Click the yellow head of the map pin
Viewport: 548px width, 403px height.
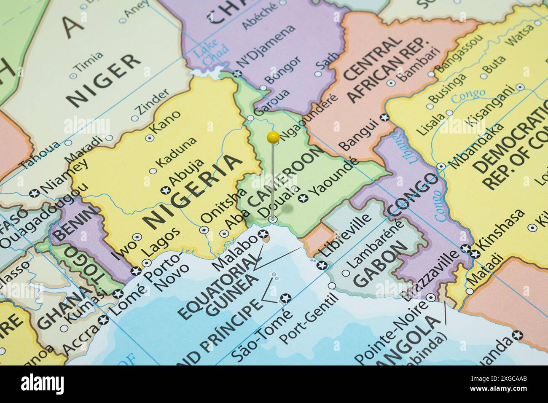pyautogui.click(x=273, y=137)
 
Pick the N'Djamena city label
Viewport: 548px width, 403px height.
pyautogui.click(x=266, y=46)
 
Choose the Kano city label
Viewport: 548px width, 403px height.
pyautogui.click(x=167, y=123)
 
